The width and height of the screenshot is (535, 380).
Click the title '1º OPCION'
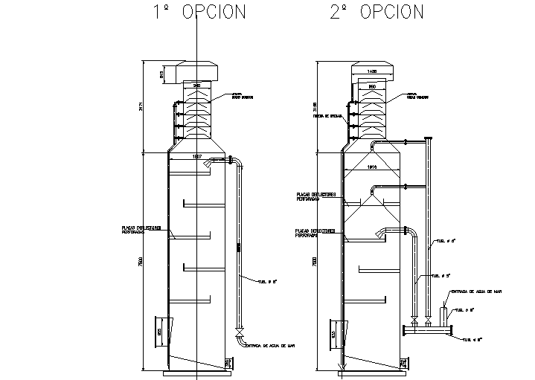click(198, 12)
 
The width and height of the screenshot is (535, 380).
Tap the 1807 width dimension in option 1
click(197, 157)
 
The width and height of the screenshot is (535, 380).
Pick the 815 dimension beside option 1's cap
click(161, 74)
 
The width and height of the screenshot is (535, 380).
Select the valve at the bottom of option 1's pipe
click(238, 329)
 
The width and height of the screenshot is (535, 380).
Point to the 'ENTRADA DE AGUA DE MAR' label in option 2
click(475, 291)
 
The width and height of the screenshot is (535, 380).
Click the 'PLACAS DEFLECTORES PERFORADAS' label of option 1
click(137, 229)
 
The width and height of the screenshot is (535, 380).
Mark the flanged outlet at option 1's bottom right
click(228, 363)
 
